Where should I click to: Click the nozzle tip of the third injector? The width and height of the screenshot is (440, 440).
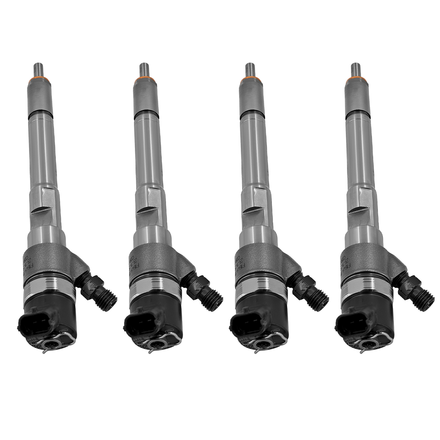(250, 70)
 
